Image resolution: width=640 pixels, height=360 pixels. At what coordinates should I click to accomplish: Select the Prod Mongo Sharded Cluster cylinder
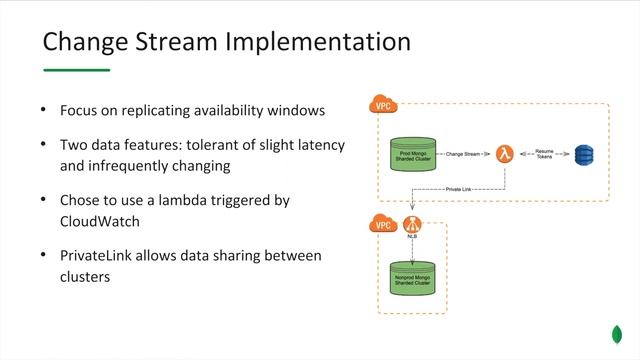(x=413, y=155)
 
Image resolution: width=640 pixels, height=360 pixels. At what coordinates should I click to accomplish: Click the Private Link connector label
(x=458, y=188)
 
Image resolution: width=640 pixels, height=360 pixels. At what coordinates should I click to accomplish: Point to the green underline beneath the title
(x=76, y=70)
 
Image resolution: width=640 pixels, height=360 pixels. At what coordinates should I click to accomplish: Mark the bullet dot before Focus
(x=43, y=109)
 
